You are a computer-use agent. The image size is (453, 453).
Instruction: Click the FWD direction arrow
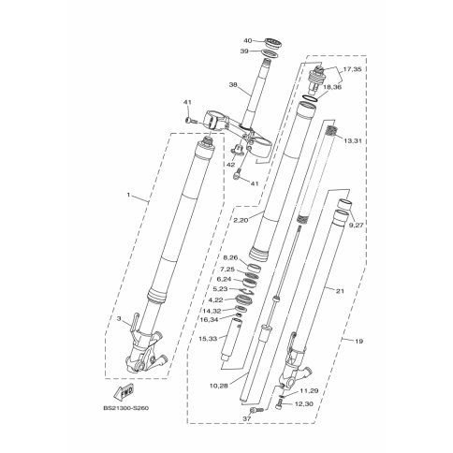pos(124,391)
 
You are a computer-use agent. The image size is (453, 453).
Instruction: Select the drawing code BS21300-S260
pos(125,408)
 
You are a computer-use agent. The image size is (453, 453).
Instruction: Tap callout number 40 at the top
pos(247,40)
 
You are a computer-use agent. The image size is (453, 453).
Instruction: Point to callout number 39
pos(245,51)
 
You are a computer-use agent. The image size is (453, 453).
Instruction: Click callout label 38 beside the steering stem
pos(233,84)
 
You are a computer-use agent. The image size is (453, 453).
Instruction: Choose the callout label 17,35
pos(352,69)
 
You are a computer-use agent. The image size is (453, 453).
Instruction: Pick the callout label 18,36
pos(332,87)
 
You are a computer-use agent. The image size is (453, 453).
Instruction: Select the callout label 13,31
pos(353,141)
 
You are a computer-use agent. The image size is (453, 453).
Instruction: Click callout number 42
pos(230,165)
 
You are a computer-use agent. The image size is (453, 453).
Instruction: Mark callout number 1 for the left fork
pos(128,195)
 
